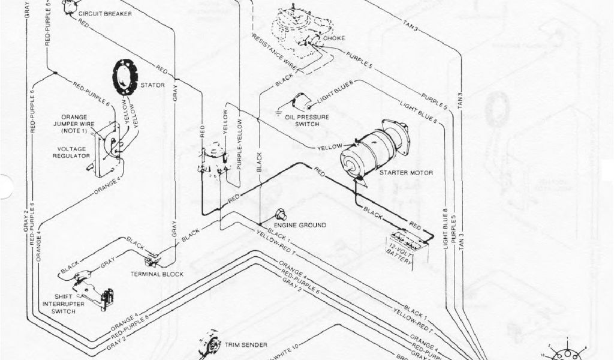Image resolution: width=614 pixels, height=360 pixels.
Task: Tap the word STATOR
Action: coord(152,86)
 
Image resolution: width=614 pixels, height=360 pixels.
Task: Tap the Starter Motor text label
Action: coord(405,173)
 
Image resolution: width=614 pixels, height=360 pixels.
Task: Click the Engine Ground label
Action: coord(303,226)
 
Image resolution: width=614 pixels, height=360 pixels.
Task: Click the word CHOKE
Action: coord(334,40)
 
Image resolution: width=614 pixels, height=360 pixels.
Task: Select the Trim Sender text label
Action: coord(246,345)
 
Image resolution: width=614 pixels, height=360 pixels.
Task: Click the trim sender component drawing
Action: coord(211,346)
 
